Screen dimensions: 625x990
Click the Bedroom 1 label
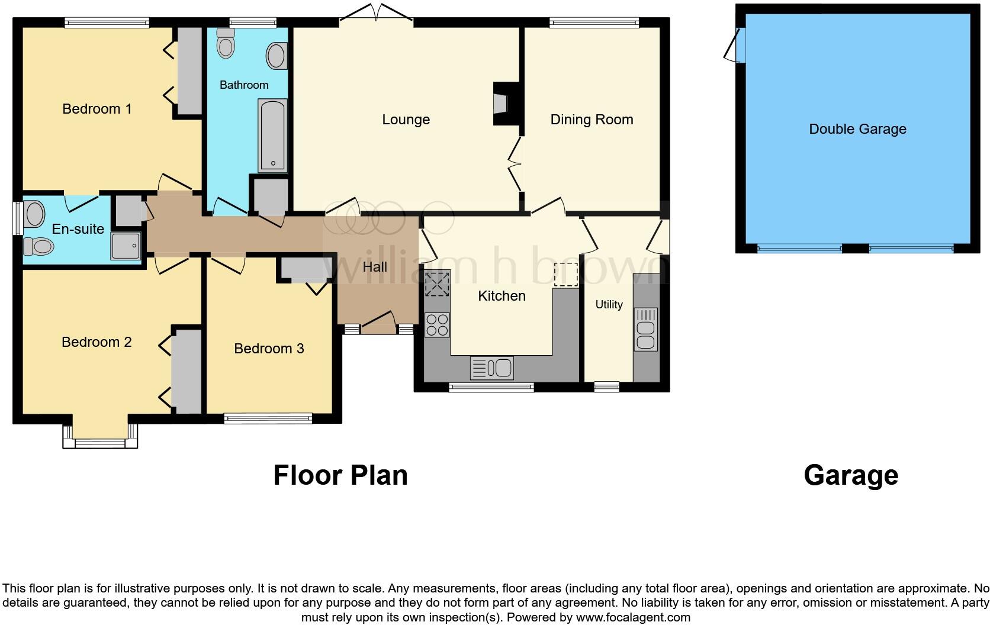97,109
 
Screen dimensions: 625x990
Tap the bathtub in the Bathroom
273,136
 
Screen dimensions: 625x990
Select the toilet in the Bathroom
226,43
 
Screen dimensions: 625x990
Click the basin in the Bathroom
277,56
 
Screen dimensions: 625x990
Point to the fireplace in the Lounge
501,103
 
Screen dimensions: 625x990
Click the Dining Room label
592,120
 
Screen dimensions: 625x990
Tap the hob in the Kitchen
438,324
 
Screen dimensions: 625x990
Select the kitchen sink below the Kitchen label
492,368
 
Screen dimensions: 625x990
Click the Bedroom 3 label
269,349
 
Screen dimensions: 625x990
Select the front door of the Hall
378,321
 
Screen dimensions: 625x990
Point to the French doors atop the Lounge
376,14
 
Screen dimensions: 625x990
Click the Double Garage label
857,129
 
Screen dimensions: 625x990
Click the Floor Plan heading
340,475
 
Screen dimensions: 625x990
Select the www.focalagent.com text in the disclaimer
633,617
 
